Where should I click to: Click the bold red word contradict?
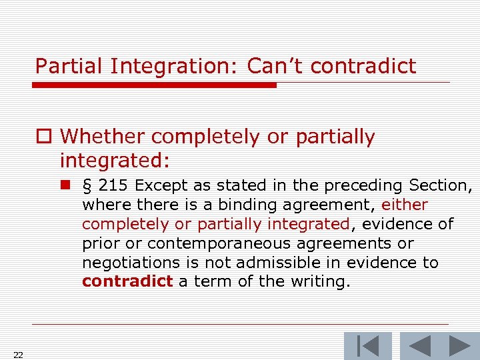127,282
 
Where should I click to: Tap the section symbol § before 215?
87,185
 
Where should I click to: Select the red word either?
405,205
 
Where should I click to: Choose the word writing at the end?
319,282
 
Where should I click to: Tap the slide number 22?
18,355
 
